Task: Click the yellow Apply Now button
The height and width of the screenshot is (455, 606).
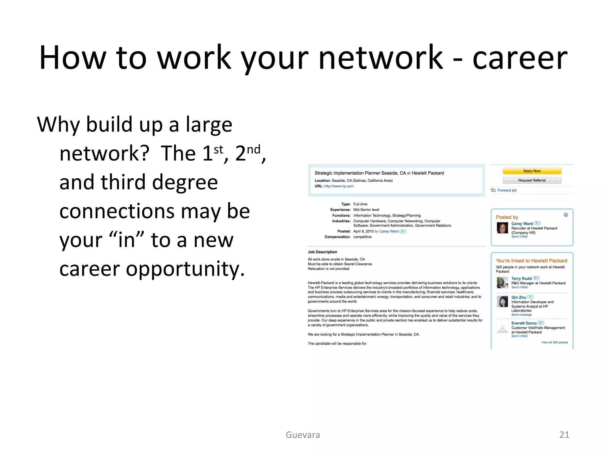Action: [532, 171]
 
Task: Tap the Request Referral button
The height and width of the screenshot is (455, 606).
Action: [532, 180]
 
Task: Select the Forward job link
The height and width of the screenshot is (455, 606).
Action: [507, 190]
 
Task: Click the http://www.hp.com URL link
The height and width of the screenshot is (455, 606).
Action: [339, 186]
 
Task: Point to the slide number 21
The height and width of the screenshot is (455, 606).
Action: [564, 435]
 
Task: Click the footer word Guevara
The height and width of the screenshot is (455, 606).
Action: [303, 435]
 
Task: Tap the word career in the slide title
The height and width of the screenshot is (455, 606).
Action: [520, 58]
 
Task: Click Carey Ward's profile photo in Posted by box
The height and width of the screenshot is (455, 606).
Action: [502, 228]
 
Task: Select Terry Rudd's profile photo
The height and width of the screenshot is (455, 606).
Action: [502, 283]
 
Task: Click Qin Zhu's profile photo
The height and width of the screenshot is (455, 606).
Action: [502, 302]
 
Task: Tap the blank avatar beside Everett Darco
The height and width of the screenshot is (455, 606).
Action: [502, 328]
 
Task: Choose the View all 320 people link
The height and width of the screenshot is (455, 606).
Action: [555, 342]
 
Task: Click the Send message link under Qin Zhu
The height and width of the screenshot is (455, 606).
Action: [521, 315]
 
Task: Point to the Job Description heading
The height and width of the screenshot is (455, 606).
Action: [322, 252]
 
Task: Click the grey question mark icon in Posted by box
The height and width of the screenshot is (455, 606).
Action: [566, 215]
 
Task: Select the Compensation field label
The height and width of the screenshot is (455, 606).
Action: [337, 237]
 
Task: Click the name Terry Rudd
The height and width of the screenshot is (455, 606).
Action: [521, 278]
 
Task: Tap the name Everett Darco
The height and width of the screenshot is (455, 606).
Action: [524, 323]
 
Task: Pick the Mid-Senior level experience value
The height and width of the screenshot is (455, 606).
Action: [366, 210]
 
